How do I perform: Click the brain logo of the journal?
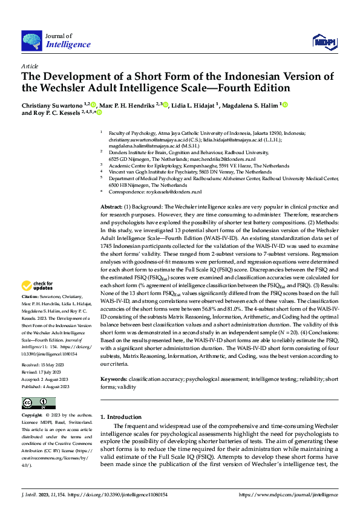32,40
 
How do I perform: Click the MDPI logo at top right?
324,41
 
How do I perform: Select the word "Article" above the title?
30,66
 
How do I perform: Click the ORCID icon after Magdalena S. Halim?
284,105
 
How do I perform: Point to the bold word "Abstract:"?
114,207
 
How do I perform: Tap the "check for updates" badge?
38,286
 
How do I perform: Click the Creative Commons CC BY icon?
38,403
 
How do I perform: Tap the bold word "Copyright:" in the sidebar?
33,416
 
